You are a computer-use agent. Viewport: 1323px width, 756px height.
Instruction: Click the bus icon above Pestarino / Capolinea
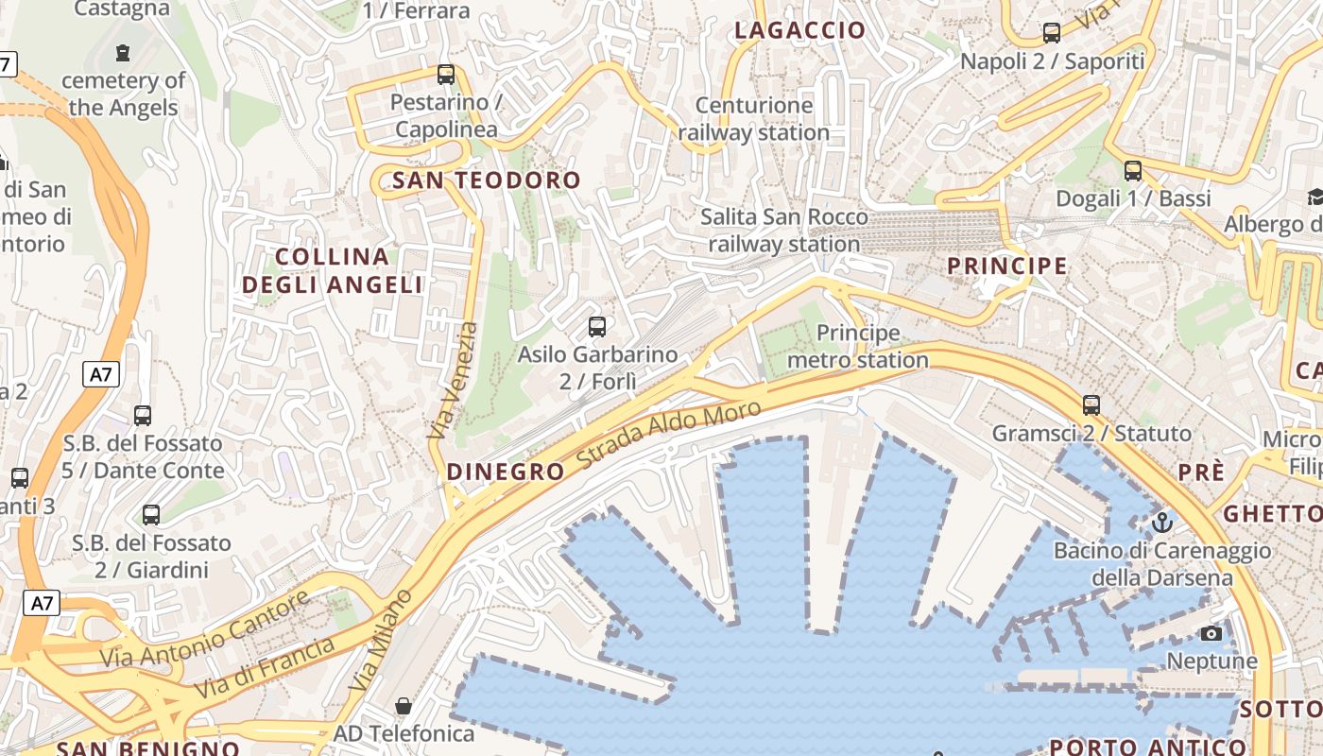[x=446, y=74]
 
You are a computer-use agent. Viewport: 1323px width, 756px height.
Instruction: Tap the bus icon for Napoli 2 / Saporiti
[x=1052, y=33]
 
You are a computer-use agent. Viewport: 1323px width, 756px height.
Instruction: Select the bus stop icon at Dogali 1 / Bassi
[x=1133, y=171]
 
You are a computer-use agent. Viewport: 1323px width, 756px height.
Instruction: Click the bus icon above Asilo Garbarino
[x=597, y=327]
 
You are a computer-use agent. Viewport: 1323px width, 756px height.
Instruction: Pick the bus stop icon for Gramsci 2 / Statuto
[x=1091, y=405]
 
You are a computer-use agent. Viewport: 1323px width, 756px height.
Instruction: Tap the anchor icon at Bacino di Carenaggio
[x=1161, y=522]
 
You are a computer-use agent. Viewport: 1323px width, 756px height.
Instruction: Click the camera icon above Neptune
[x=1211, y=633]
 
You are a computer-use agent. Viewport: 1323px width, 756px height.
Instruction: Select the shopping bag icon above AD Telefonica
[x=404, y=706]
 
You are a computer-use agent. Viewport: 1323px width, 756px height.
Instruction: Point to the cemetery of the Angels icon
[x=122, y=53]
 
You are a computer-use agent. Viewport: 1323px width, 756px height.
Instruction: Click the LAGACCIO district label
[x=799, y=30]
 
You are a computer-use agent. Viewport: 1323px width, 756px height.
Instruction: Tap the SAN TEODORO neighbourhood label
[x=487, y=180]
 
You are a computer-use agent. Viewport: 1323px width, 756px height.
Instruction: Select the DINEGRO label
[x=505, y=472]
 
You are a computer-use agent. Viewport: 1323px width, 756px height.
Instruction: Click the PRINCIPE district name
[x=1007, y=266]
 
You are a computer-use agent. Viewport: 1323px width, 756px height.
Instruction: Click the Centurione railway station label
[x=754, y=119]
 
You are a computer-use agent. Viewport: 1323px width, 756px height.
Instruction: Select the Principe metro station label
[x=858, y=347]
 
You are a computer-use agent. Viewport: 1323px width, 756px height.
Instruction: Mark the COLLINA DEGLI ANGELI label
[x=333, y=270]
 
